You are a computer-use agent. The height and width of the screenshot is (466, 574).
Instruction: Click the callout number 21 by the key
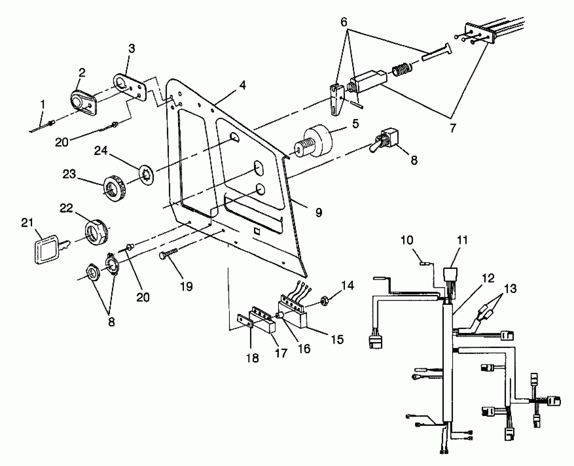(27, 223)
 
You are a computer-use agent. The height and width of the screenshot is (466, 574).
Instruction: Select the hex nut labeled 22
(96, 232)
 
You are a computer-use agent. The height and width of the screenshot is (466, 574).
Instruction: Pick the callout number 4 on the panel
(242, 86)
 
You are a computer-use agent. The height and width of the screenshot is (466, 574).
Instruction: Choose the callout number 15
(337, 339)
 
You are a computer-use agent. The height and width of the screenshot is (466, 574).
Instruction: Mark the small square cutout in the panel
(257, 231)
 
